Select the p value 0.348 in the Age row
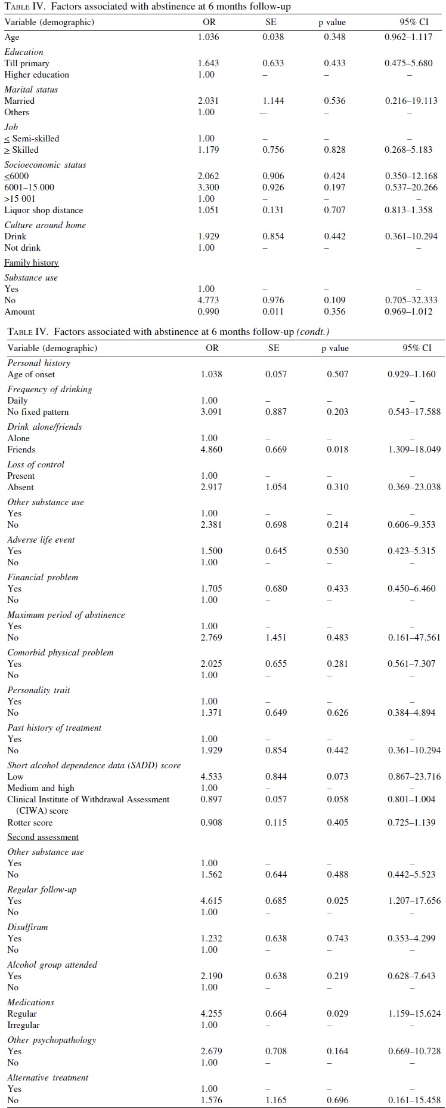335,37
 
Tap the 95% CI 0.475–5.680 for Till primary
408,63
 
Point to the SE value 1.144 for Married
273,101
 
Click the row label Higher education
37,75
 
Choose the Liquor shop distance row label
44,210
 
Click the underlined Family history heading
32,263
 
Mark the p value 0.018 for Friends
337,450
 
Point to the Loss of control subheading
36,464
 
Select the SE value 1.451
276,638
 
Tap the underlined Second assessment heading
43,838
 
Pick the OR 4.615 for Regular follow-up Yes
212,901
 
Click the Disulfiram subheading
27,927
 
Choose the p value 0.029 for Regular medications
337,1014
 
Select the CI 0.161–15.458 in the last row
414,1100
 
